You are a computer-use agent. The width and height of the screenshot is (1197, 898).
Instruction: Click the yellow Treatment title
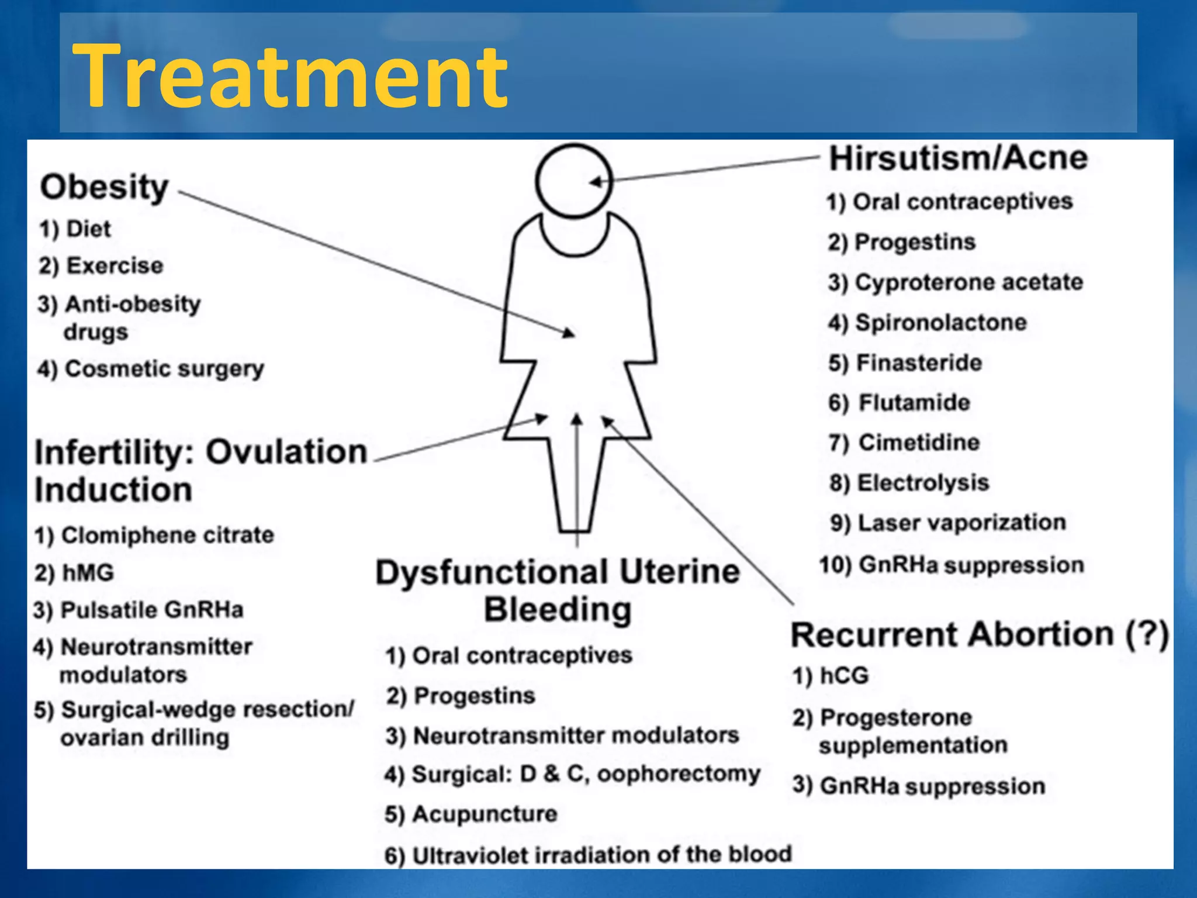pos(290,76)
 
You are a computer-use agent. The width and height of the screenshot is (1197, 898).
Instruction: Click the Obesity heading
pos(105,187)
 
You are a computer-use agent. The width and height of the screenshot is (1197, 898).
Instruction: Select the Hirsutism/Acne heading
pos(959,158)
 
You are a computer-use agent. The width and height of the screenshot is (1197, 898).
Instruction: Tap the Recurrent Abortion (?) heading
pos(980,635)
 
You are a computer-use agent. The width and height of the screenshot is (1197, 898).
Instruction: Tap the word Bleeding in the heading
pos(558,610)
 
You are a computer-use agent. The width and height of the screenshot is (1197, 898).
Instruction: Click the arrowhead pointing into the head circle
pos(595,182)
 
